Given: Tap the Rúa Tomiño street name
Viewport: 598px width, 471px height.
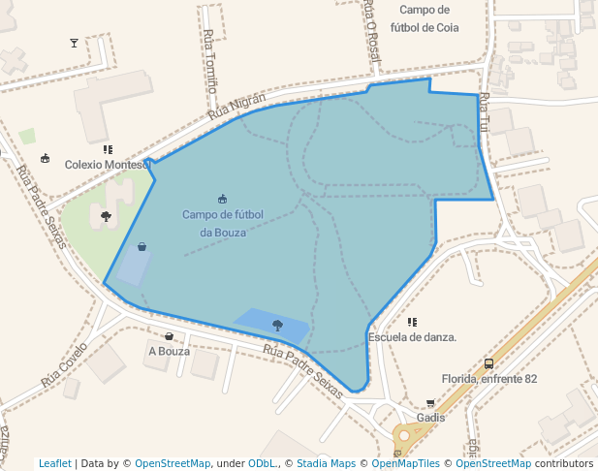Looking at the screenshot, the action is coord(211,58).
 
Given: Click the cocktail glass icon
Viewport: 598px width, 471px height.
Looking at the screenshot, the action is coord(75,43).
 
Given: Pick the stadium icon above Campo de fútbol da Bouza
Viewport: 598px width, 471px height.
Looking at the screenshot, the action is coord(223,199).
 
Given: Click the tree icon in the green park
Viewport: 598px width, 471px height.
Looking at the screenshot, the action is coord(106,216).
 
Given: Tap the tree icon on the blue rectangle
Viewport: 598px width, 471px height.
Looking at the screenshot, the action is coord(278,325).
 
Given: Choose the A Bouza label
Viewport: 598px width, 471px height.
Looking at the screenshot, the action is coord(169,351).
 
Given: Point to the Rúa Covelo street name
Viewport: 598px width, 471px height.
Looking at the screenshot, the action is coord(64,364).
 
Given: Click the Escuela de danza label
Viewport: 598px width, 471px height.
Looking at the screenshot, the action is coord(412,337).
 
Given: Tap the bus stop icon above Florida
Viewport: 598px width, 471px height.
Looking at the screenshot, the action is coord(488,364).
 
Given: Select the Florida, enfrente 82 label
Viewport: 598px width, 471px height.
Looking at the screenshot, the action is coord(488,379).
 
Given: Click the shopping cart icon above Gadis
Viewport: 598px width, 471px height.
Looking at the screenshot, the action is coord(430,403).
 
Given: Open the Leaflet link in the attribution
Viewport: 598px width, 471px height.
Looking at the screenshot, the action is coord(55,463).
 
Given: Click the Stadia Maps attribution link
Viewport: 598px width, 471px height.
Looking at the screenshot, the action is coord(326,463).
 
